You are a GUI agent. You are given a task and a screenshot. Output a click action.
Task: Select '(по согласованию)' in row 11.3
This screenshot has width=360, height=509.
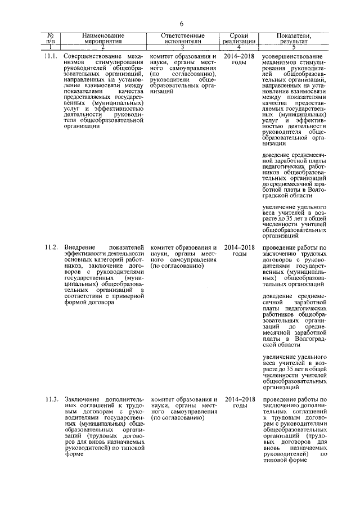pyautogui.click(x=176, y=418)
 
